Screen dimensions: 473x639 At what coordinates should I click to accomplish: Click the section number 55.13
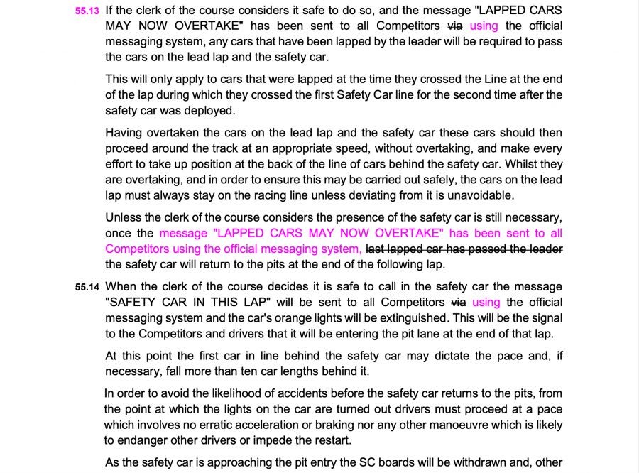(x=88, y=12)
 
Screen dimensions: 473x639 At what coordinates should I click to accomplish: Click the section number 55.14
(x=88, y=288)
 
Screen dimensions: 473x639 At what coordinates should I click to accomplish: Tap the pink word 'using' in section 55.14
(x=486, y=302)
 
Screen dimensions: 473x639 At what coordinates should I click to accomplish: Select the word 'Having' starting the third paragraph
(x=124, y=133)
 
